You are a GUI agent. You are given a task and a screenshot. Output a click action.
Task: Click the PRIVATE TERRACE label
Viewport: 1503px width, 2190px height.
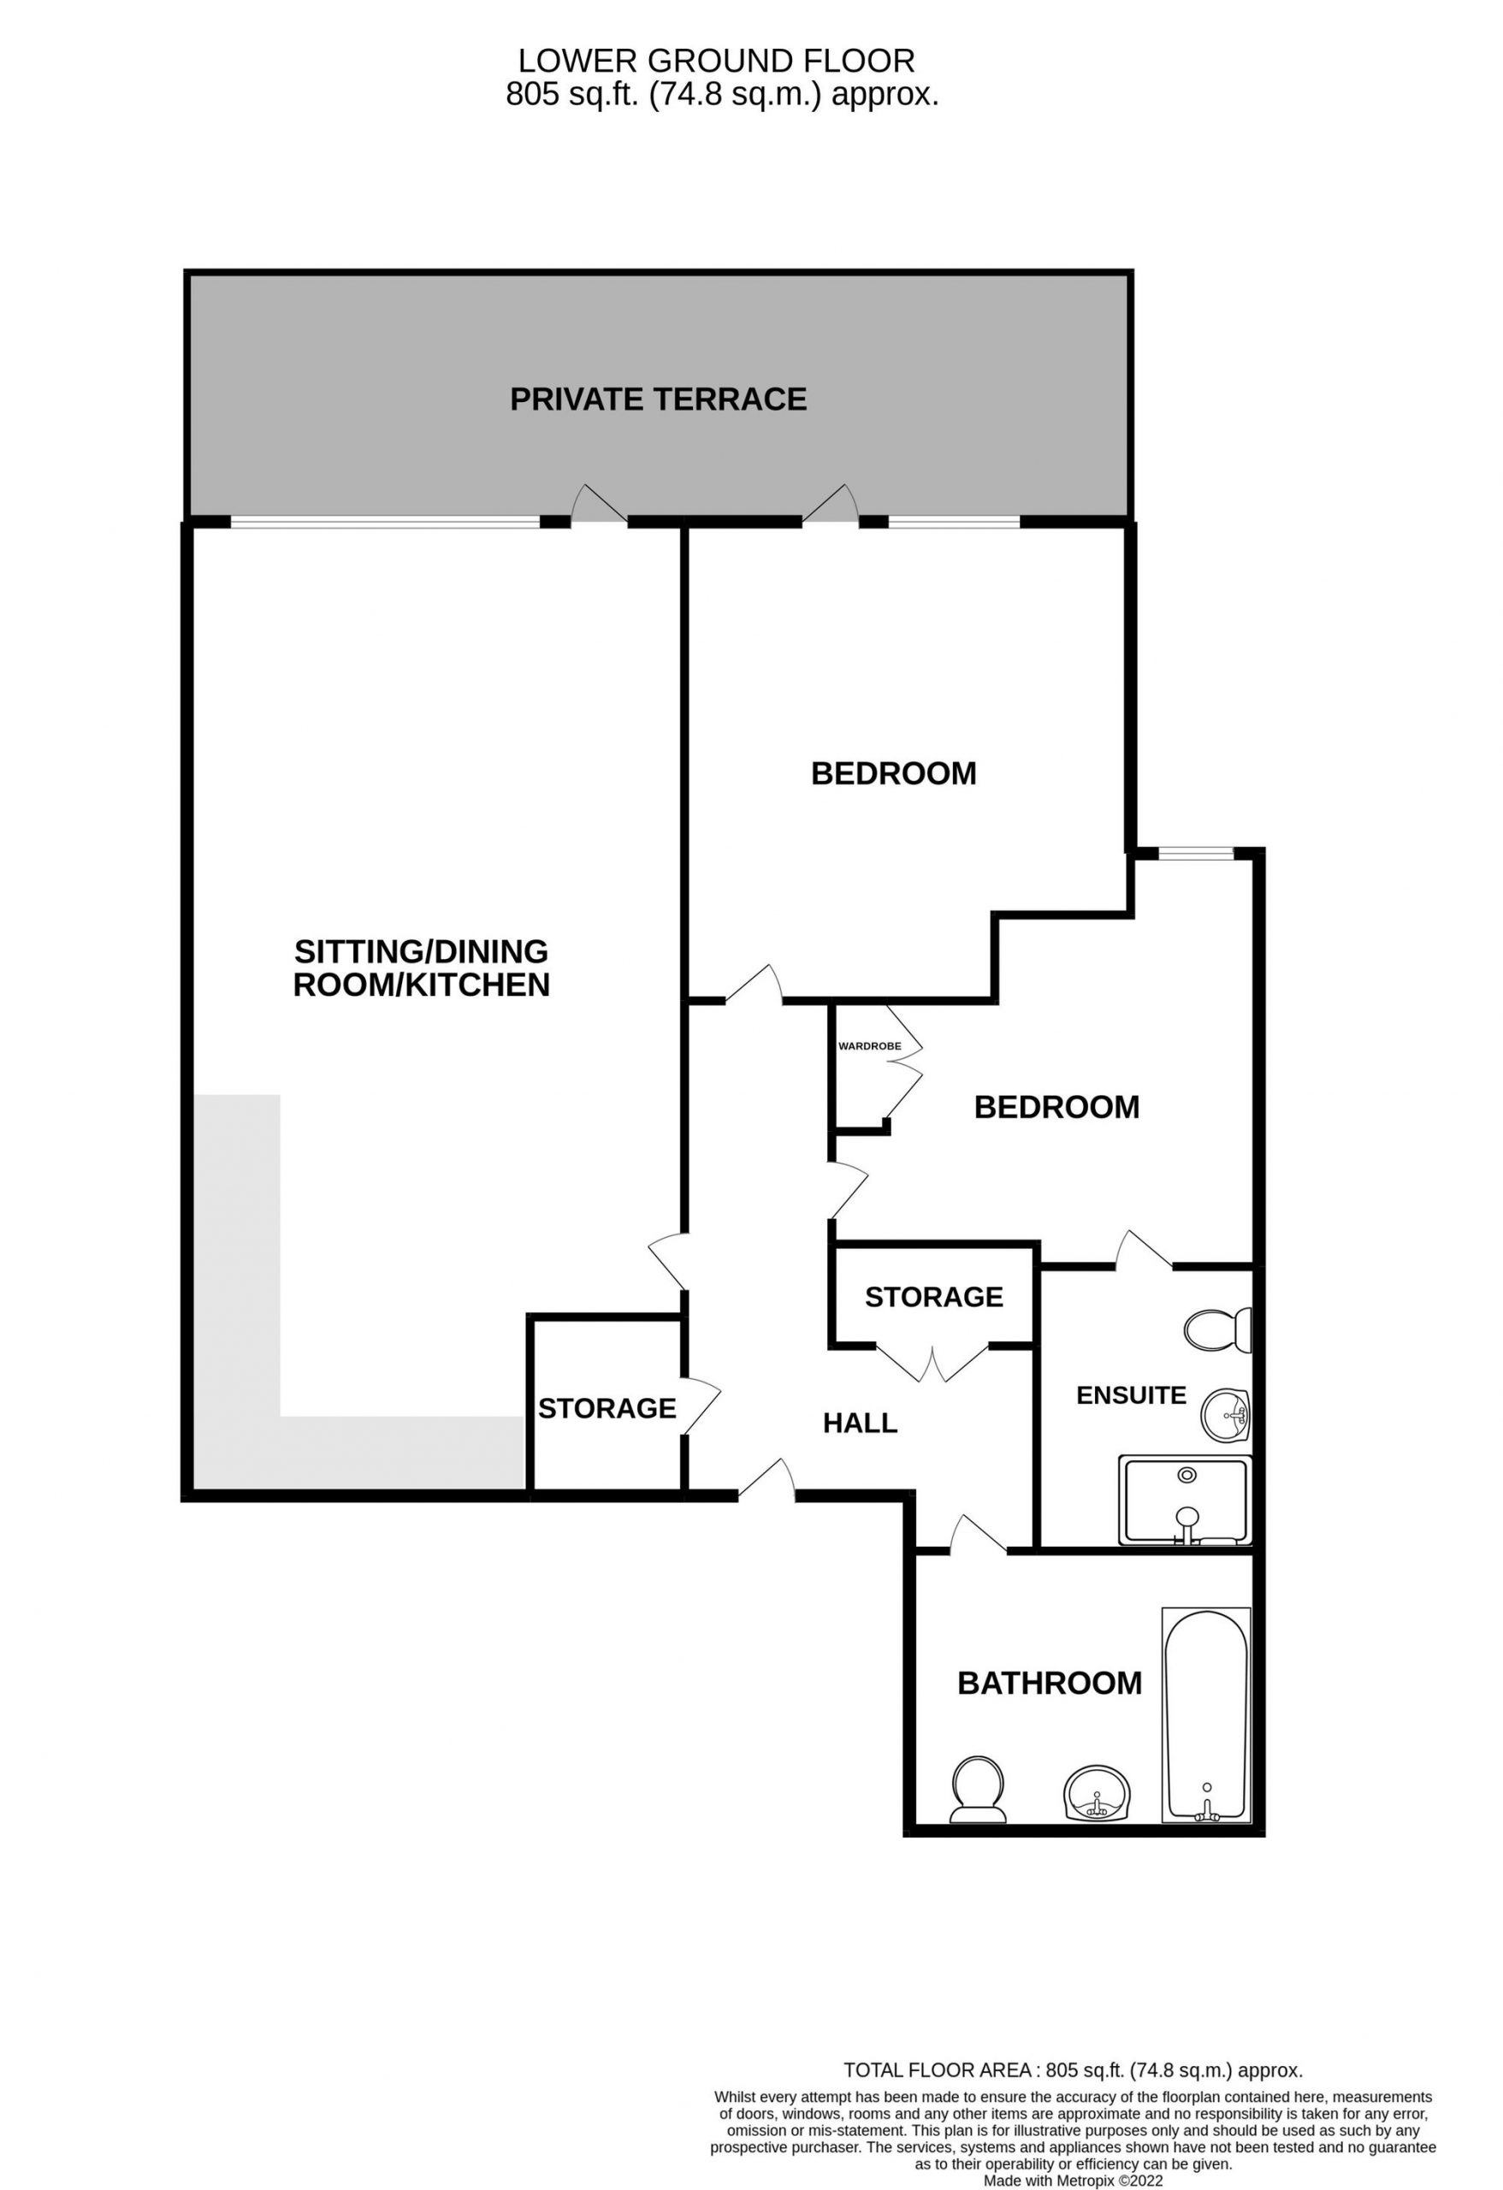click(658, 400)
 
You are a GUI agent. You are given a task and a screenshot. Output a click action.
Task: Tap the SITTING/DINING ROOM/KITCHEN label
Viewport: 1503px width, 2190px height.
click(421, 968)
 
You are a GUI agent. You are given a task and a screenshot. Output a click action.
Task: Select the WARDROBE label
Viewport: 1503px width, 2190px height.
click(870, 1046)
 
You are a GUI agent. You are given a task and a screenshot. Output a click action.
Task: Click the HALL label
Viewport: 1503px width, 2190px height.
click(860, 1423)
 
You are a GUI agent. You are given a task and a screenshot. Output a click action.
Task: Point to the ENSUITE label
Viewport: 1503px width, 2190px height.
click(1131, 1394)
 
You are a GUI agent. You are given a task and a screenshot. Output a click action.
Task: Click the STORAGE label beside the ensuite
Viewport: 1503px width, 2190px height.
click(934, 1298)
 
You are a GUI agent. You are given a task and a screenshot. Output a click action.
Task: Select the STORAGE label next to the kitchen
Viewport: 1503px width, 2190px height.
click(607, 1408)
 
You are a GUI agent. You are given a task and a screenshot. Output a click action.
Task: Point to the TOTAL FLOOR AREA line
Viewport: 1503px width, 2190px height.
click(1074, 2070)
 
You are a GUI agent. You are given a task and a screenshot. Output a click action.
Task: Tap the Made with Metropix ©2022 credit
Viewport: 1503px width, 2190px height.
click(1074, 2181)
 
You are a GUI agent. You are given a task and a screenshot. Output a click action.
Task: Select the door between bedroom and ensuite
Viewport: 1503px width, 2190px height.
click(1144, 1249)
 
